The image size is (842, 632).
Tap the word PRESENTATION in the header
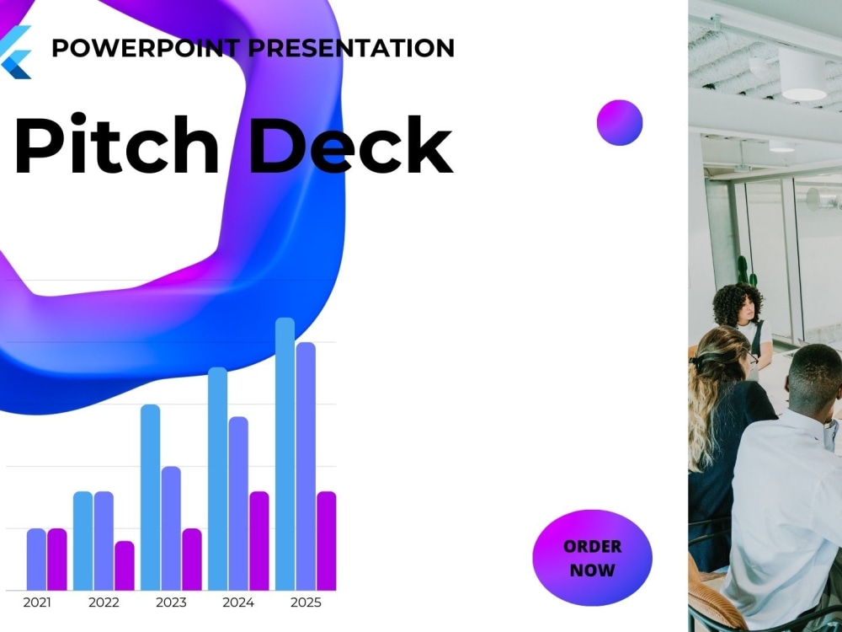351,47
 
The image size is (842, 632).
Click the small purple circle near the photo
620,122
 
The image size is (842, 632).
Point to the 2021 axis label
36,603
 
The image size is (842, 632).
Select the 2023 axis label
171,603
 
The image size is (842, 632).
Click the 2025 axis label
306,603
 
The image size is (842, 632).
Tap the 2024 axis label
238,603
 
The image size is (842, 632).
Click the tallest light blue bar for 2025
285,455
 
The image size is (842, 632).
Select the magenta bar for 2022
125,565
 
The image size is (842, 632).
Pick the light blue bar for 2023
150,497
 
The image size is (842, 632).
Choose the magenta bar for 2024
259,541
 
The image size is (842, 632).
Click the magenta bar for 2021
57,559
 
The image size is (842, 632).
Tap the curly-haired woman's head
738,304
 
